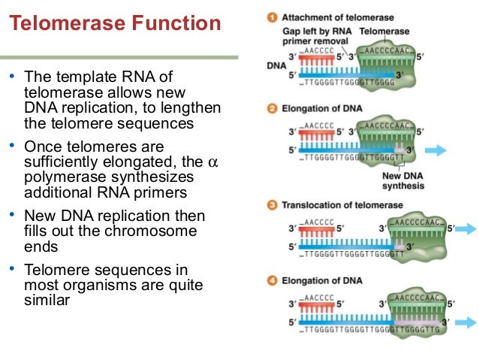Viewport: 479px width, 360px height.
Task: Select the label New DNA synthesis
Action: (404, 181)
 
